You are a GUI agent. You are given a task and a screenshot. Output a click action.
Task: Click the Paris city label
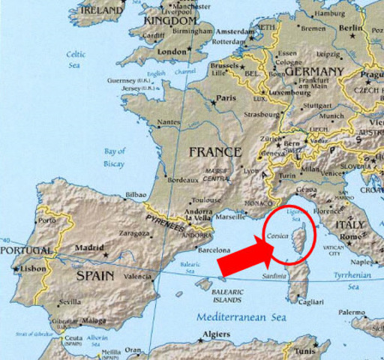coord(226,98)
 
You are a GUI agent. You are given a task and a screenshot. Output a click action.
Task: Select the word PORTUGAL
coord(26,250)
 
